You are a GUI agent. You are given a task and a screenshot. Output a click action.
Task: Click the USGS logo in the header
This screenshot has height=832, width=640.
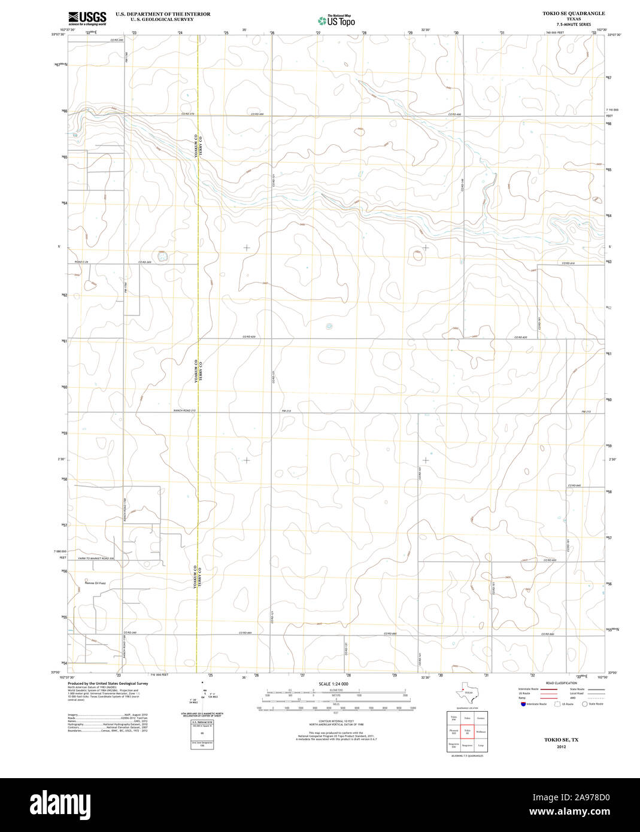pyautogui.click(x=87, y=18)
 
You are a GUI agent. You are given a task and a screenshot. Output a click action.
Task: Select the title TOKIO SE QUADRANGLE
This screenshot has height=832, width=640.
pyautogui.click(x=574, y=13)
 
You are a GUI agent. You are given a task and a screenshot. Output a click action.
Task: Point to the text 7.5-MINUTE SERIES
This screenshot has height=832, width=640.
pyautogui.click(x=574, y=25)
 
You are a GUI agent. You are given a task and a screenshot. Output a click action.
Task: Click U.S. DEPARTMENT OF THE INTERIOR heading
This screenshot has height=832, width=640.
pyautogui.click(x=163, y=14)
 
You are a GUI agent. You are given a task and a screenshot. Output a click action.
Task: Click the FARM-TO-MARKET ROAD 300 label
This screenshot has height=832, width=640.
pyautogui.click(x=96, y=558)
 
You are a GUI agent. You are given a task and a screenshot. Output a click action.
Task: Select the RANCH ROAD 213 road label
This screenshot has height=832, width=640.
pyautogui.click(x=184, y=411)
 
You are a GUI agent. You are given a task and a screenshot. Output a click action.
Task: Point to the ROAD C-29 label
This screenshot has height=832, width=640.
pyautogui.click(x=82, y=262)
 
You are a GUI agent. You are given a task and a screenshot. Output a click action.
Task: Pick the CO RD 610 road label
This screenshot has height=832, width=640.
pyautogui.click(x=568, y=263)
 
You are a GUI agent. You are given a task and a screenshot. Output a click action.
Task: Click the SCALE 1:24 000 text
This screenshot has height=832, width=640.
pyautogui.click(x=333, y=684)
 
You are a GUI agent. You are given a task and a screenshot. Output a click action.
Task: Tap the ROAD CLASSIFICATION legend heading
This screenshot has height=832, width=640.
pyautogui.click(x=562, y=683)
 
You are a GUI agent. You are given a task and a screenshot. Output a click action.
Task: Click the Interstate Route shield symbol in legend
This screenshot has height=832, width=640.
pyautogui.click(x=523, y=705)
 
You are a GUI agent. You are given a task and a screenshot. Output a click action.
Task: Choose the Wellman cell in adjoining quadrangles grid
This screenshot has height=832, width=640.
pyautogui.click(x=481, y=731)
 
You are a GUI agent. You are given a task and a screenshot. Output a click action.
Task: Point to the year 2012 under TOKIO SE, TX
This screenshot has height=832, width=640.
pyautogui.click(x=561, y=747)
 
